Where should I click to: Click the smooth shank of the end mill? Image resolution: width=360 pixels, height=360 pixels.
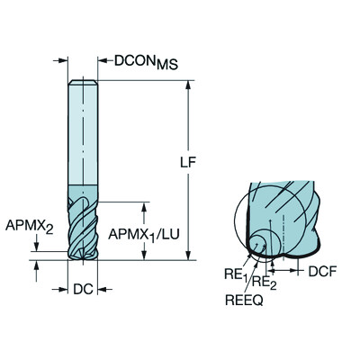80,135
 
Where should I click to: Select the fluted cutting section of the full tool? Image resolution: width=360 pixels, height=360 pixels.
80,229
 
